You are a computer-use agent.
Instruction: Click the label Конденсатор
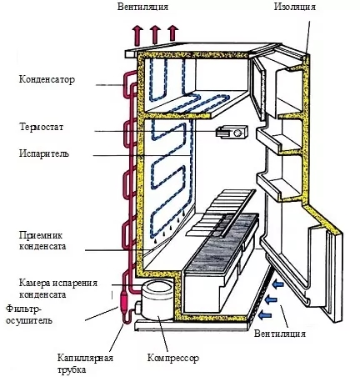point(47,80)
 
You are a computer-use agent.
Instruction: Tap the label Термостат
point(42,127)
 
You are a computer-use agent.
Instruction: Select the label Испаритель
point(44,153)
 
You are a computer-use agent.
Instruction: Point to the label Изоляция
point(295,7)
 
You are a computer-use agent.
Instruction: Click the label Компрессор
point(173,358)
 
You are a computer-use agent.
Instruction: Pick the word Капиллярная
point(85,358)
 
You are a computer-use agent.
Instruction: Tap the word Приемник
point(41,235)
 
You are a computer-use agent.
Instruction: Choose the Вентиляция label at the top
point(142,7)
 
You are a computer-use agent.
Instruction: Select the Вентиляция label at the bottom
point(280,334)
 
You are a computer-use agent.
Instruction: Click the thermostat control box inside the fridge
point(232,132)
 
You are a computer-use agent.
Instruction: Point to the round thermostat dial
point(238,133)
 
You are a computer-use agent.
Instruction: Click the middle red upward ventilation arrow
point(155,34)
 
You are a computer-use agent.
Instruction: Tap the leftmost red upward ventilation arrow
point(137,35)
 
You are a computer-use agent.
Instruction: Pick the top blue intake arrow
point(277,284)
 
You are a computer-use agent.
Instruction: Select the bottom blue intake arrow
point(265,314)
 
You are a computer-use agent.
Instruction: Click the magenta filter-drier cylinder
point(122,301)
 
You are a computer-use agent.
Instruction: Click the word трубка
point(72,370)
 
